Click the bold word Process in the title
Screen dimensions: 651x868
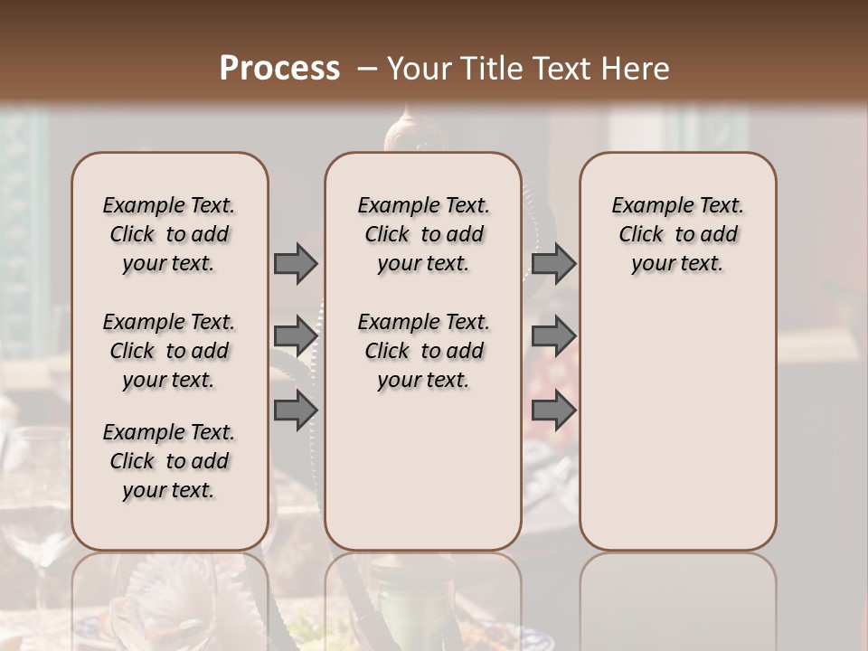tap(279, 69)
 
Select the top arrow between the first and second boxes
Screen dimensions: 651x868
tap(296, 263)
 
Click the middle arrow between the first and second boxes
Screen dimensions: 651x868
tap(296, 335)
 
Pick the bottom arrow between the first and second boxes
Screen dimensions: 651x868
tap(296, 410)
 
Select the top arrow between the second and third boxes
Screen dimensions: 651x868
tap(553, 263)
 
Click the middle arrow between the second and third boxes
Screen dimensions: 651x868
tap(553, 335)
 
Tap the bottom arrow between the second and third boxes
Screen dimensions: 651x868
tap(553, 410)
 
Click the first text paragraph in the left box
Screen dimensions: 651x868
tap(169, 234)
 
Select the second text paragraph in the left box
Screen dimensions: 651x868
tap(169, 351)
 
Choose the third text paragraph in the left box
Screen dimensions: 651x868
tap(169, 461)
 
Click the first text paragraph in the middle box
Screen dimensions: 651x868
tap(423, 234)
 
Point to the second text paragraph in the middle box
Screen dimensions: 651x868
tap(423, 351)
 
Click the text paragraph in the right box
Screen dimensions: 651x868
tap(677, 234)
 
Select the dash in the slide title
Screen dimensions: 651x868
tap(367, 69)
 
